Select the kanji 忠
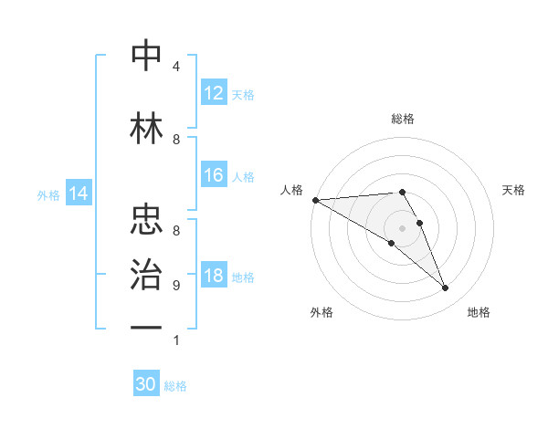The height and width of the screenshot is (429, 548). pyautogui.click(x=146, y=219)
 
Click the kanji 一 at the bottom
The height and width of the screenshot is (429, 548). pyautogui.click(x=146, y=327)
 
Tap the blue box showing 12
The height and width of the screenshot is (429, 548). pyautogui.click(x=214, y=93)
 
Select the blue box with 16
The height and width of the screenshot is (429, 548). pyautogui.click(x=214, y=176)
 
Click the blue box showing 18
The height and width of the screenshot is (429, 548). pyautogui.click(x=214, y=277)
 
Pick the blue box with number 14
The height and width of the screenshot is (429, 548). pyautogui.click(x=79, y=194)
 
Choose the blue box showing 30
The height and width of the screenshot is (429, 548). pyautogui.click(x=146, y=384)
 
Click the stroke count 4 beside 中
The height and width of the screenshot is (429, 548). pyautogui.click(x=176, y=67)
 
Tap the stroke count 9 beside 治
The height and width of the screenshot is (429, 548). pyautogui.click(x=176, y=286)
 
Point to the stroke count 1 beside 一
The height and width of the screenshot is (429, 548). pyautogui.click(x=176, y=340)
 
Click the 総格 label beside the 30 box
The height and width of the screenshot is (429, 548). pyautogui.click(x=176, y=386)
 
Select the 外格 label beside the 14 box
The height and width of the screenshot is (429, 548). pyautogui.click(x=48, y=194)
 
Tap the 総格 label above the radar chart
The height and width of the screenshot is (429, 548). pyautogui.click(x=402, y=119)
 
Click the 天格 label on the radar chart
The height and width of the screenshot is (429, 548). pyautogui.click(x=514, y=190)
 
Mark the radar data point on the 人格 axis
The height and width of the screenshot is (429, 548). pyautogui.click(x=315, y=199)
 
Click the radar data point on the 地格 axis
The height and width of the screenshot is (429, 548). pyautogui.click(x=445, y=288)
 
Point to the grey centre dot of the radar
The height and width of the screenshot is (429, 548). pyautogui.click(x=402, y=227)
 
